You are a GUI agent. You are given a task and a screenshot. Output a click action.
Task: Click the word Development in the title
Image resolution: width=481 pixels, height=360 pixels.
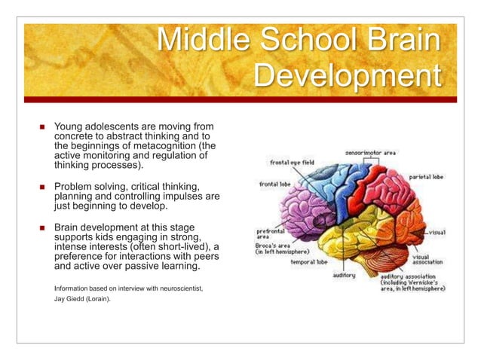pyautogui.click(x=345, y=77)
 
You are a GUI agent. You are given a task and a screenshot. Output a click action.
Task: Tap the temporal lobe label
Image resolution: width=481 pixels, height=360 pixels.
pyautogui.click(x=311, y=263)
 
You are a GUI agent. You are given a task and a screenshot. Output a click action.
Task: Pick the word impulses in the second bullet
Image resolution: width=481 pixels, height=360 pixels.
pyautogui.click(x=179, y=196)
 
